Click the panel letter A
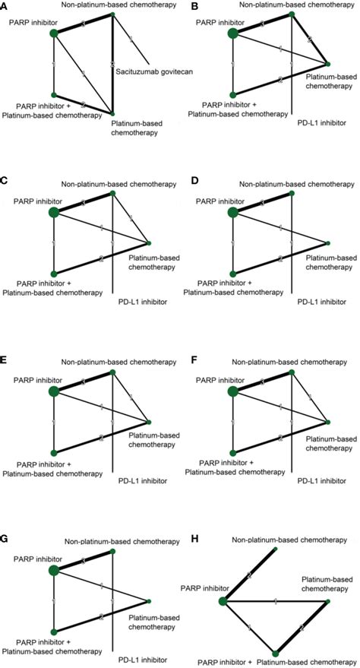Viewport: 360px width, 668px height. coord(5,7)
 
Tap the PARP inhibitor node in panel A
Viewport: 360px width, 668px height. coord(53,33)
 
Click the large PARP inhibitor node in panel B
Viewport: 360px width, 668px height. coord(233,33)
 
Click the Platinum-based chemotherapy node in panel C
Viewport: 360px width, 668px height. coord(148,244)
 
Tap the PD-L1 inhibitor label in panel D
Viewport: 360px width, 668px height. coord(316,302)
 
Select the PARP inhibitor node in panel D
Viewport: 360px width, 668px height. coord(233,213)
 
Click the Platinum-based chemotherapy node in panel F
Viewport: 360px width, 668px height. coord(328,422)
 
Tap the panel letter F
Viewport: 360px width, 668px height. coord(184,362)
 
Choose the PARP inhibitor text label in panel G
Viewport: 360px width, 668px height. coord(35,559)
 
